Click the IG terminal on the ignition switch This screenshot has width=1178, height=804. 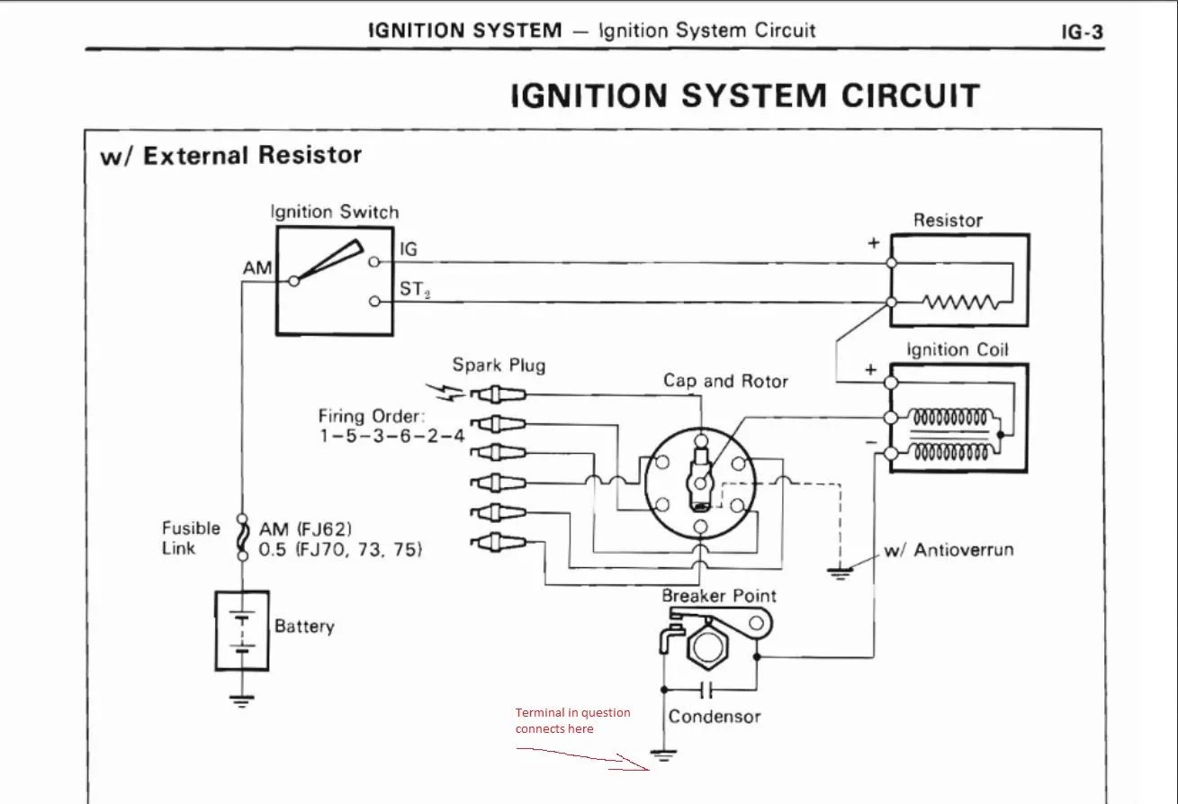374,262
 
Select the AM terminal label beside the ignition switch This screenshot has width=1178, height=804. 257,269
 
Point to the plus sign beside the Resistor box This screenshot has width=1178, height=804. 872,244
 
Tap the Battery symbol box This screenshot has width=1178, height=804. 242,630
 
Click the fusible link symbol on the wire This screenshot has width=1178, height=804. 241,538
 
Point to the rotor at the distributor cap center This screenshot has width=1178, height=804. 700,473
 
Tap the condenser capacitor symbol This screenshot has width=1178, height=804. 706,690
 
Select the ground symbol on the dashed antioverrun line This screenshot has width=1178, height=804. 839,571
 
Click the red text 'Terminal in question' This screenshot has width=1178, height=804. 572,712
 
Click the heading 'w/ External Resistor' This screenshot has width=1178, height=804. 230,156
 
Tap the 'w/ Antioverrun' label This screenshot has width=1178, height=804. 949,549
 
